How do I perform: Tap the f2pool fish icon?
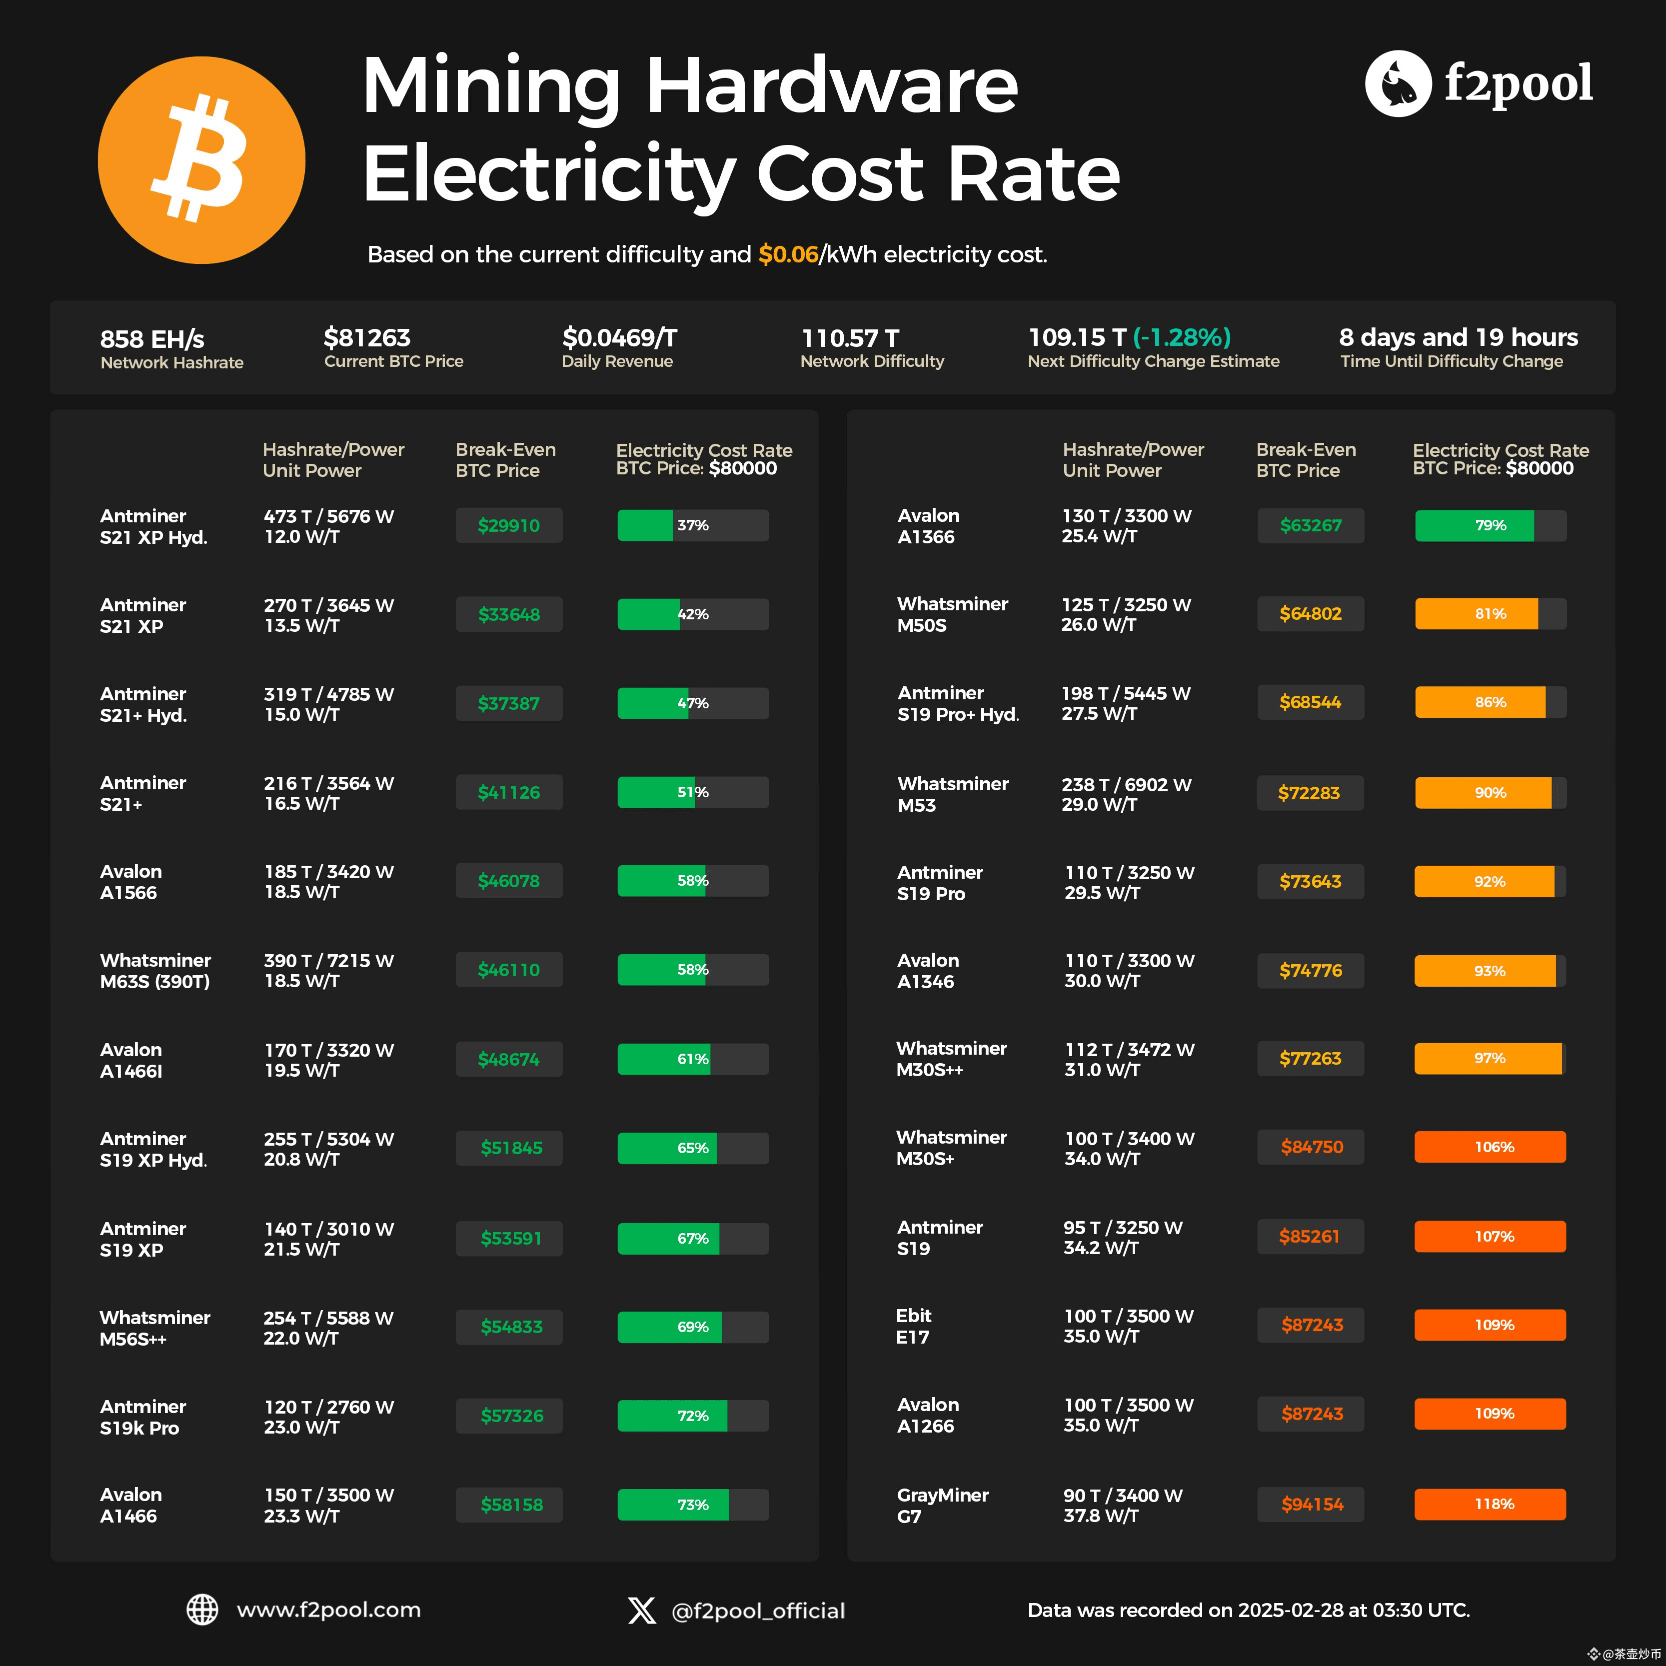click(1397, 83)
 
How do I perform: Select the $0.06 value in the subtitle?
click(787, 254)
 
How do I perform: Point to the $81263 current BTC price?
click(366, 337)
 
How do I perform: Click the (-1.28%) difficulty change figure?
click(1181, 337)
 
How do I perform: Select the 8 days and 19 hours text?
click(1458, 337)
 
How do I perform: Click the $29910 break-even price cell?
click(509, 525)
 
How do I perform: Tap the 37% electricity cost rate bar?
click(692, 525)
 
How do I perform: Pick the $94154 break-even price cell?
click(1311, 1504)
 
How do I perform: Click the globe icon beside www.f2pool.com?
click(202, 1609)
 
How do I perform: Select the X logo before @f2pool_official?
click(642, 1610)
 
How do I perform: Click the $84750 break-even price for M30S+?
click(1311, 1147)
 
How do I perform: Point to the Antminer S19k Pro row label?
click(142, 1417)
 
